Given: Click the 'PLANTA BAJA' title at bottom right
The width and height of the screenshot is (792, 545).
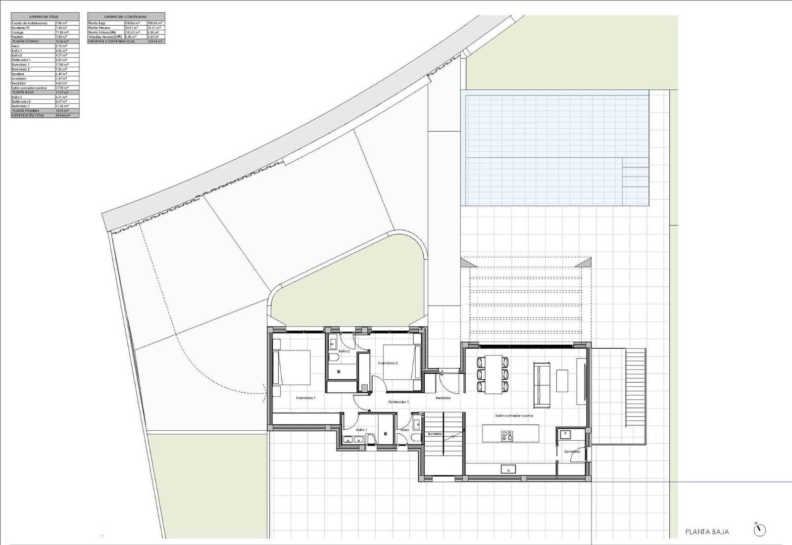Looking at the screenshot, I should click(x=707, y=532).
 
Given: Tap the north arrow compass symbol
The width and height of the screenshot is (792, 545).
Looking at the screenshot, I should click(x=759, y=530).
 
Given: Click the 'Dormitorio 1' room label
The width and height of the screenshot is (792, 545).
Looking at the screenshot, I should click(x=305, y=398).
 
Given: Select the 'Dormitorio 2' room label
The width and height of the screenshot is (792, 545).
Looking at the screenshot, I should click(x=388, y=363).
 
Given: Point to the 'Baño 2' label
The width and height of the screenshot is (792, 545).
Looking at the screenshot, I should click(x=345, y=351).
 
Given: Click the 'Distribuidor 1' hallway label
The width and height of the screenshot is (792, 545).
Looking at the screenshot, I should click(x=398, y=402).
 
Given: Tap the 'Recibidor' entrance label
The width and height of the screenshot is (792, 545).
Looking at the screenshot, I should click(x=443, y=398).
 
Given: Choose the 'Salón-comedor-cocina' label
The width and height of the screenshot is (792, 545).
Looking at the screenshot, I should click(x=514, y=415).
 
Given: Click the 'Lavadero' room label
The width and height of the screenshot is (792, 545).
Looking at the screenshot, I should click(x=572, y=452).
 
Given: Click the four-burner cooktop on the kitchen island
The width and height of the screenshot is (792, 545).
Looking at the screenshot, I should click(x=507, y=436).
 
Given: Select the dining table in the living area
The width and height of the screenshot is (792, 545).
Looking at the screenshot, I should click(x=493, y=374).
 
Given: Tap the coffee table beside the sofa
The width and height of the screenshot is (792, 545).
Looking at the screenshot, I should click(x=563, y=380).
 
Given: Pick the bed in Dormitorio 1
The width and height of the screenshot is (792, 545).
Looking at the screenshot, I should click(x=292, y=367).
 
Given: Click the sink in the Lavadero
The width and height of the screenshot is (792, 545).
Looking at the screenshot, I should click(x=565, y=434).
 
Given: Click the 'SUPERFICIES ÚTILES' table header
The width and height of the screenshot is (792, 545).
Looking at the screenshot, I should click(x=45, y=17).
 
